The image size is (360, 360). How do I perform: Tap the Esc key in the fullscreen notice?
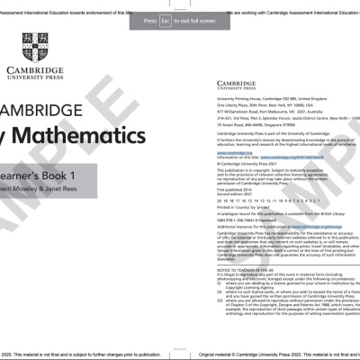[x=165, y=20]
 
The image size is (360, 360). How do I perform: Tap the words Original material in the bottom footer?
[x=216, y=355]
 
